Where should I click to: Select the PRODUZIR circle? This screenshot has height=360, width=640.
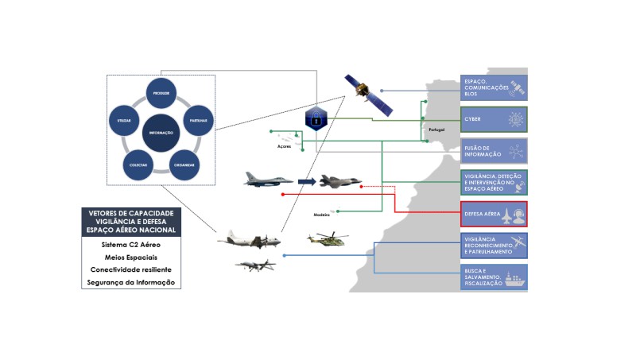coord(161,94)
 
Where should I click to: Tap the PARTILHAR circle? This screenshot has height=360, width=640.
coord(198,120)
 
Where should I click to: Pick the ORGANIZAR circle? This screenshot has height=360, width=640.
coord(184,164)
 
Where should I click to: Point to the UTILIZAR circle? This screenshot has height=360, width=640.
coord(124,121)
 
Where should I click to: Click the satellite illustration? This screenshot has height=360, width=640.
coord(367,95)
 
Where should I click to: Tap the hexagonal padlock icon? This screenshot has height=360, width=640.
coord(316,118)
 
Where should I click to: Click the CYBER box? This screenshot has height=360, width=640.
coord(494,119)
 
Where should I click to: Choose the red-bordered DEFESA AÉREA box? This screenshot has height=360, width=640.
coord(494,214)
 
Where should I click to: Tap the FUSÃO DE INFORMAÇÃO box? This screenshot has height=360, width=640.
coord(494,151)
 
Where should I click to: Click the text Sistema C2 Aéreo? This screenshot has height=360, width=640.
coord(131,244)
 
